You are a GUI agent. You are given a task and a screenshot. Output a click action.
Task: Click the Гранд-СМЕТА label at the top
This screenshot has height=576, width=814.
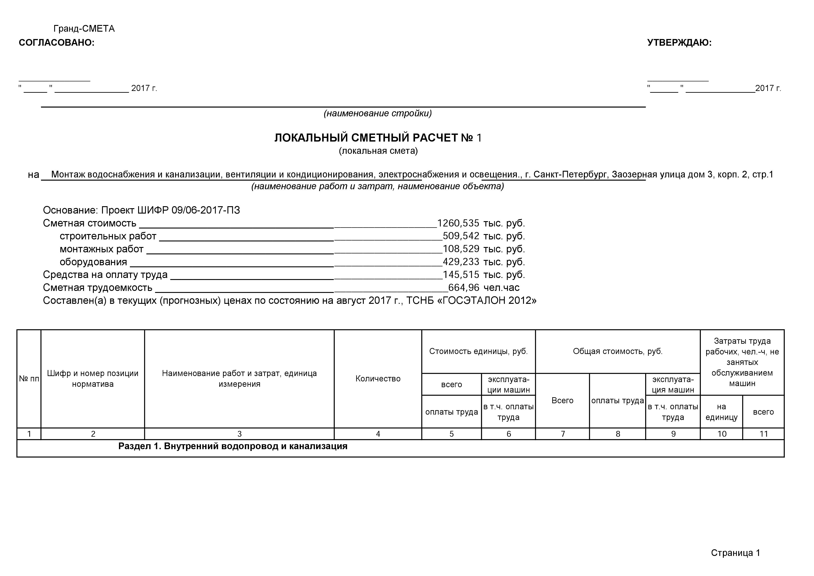[x=84, y=29]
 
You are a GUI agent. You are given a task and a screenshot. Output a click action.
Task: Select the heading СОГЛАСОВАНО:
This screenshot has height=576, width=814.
[x=57, y=43]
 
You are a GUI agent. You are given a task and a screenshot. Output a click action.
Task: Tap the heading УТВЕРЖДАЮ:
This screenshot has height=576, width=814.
[x=679, y=43]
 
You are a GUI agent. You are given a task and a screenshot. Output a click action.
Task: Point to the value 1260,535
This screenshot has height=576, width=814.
[x=458, y=223]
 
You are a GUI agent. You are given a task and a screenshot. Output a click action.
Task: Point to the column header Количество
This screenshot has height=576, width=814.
[x=378, y=379]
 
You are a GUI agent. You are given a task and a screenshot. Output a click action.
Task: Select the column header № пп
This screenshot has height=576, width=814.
[x=29, y=379]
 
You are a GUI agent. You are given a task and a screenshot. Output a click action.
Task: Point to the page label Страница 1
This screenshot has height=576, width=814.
[x=735, y=553]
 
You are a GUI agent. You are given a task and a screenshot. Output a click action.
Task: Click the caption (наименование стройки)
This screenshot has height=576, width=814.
[x=378, y=113]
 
